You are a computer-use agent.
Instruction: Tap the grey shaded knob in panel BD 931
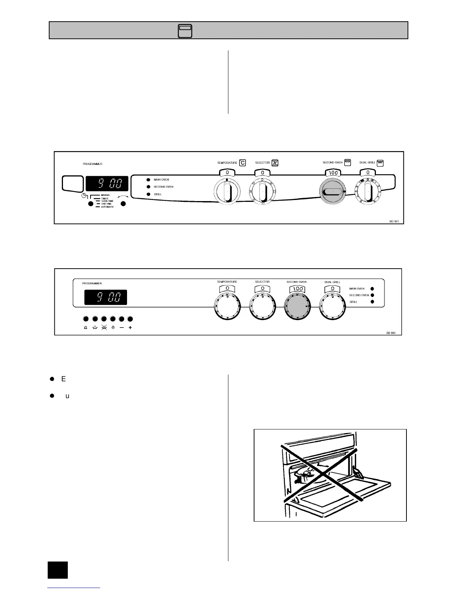click(297, 307)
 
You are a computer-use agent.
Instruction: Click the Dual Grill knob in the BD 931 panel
click(332, 307)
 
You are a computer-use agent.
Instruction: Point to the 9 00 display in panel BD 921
click(107, 184)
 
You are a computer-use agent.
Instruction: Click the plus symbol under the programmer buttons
click(130, 328)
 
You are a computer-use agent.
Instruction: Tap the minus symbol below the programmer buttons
click(121, 328)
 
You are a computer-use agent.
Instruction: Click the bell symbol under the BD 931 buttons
click(86, 328)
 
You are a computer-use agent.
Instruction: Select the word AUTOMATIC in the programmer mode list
click(107, 207)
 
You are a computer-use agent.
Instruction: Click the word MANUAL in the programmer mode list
click(105, 195)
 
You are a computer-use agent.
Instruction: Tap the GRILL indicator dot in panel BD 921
click(148, 194)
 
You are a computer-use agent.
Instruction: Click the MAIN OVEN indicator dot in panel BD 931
click(372, 288)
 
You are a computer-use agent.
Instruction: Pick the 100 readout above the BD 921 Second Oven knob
click(333, 173)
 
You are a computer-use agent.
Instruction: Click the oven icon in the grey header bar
click(185, 31)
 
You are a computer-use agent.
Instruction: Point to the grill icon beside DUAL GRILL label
click(380, 163)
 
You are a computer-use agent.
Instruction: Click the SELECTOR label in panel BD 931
click(262, 282)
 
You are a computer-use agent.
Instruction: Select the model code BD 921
click(394, 222)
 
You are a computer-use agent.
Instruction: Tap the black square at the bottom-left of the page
click(58, 570)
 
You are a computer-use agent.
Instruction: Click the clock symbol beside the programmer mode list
click(84, 196)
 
